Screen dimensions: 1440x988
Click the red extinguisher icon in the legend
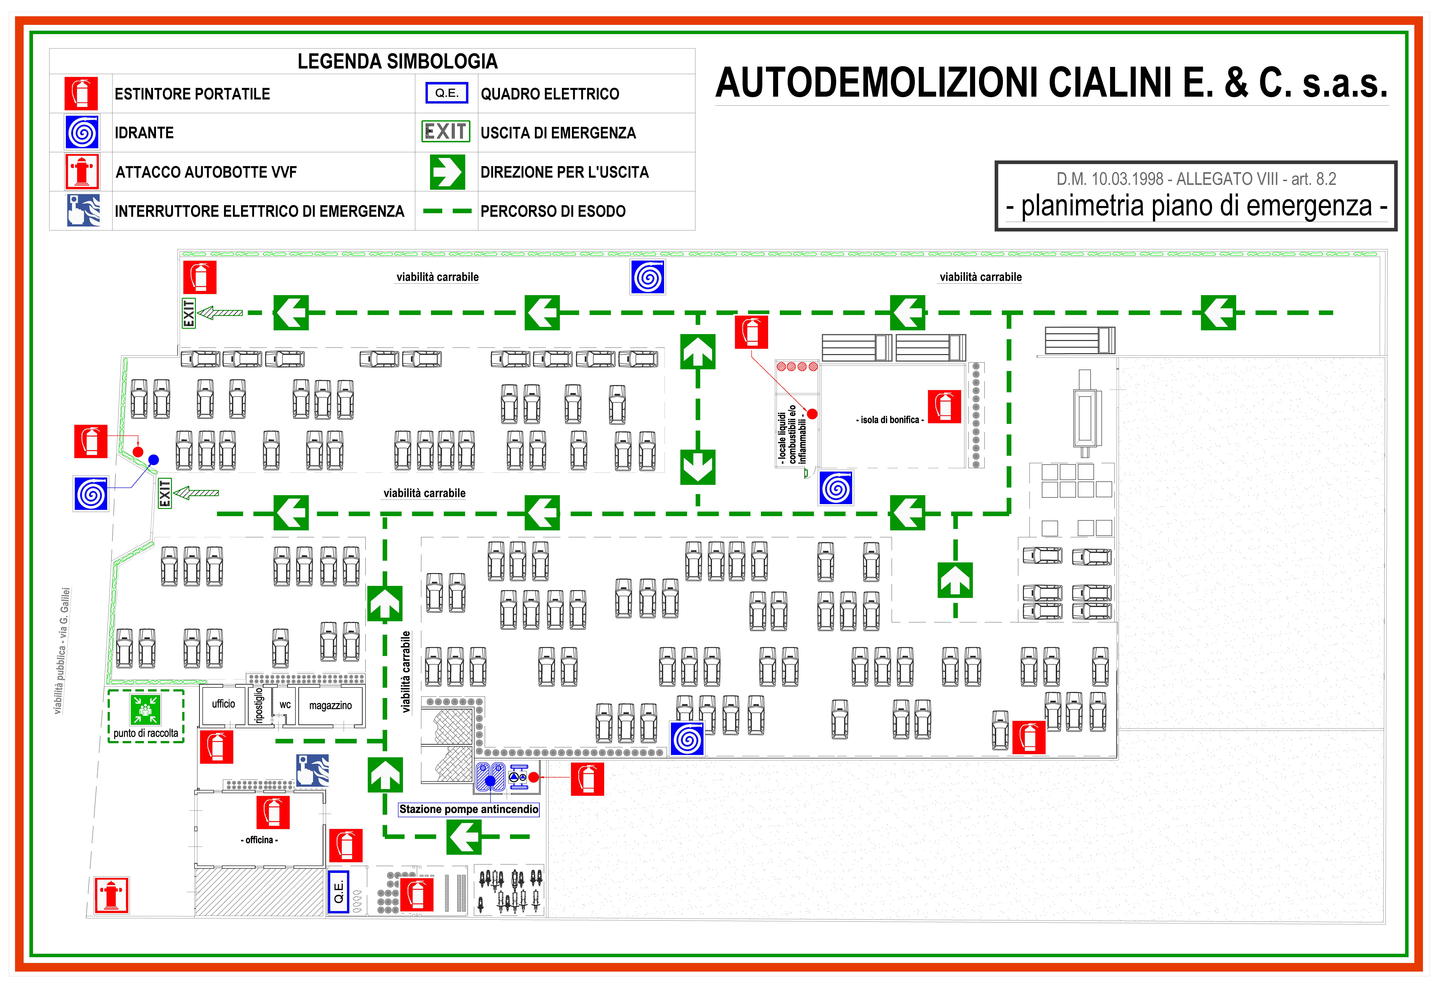pyautogui.click(x=81, y=94)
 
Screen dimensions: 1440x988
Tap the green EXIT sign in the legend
pyautogui.click(x=446, y=131)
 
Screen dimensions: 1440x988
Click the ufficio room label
pyautogui.click(x=224, y=704)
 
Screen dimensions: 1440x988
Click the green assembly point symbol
pyautogui.click(x=146, y=709)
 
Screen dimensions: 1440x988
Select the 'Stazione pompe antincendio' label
pyautogui.click(x=468, y=809)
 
